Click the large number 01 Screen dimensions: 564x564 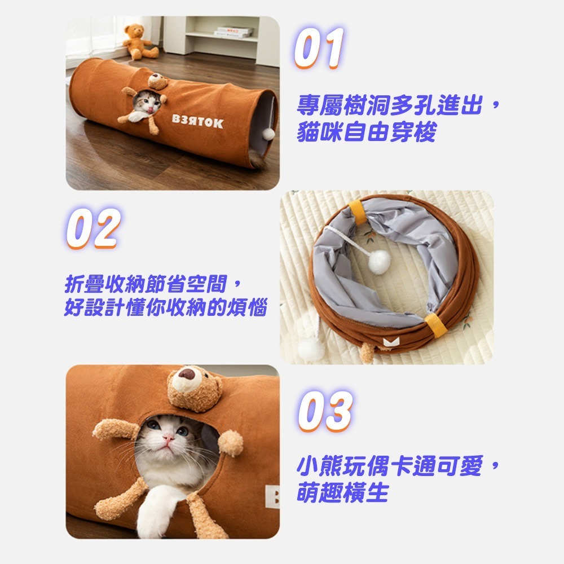pyautogui.click(x=319, y=48)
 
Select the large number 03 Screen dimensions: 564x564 pyautogui.click(x=325, y=411)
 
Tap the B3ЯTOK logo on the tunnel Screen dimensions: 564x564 pyautogui.click(x=197, y=121)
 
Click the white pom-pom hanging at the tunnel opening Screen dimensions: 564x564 pyautogui.click(x=268, y=134)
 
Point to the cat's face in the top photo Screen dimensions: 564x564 pyautogui.click(x=147, y=103)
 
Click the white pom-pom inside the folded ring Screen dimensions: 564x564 pyautogui.click(x=379, y=262)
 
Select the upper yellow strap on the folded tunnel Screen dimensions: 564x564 pyautogui.click(x=358, y=212)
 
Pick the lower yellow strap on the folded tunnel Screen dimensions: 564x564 pyautogui.click(x=437, y=325)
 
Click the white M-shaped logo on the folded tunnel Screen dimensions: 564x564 pyautogui.click(x=391, y=341)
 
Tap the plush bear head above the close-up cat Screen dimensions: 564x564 pyautogui.click(x=195, y=389)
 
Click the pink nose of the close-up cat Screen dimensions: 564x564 pyautogui.click(x=168, y=438)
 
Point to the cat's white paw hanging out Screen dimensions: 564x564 pyautogui.click(x=156, y=513)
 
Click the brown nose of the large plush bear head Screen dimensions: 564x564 pyautogui.click(x=187, y=374)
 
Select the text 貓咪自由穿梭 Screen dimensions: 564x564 pyautogui.click(x=367, y=132)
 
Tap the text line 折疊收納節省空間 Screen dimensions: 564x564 pyautogui.click(x=146, y=284)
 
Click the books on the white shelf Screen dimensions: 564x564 pyautogui.click(x=234, y=32)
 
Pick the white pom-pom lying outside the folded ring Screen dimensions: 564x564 pyautogui.click(x=311, y=349)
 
